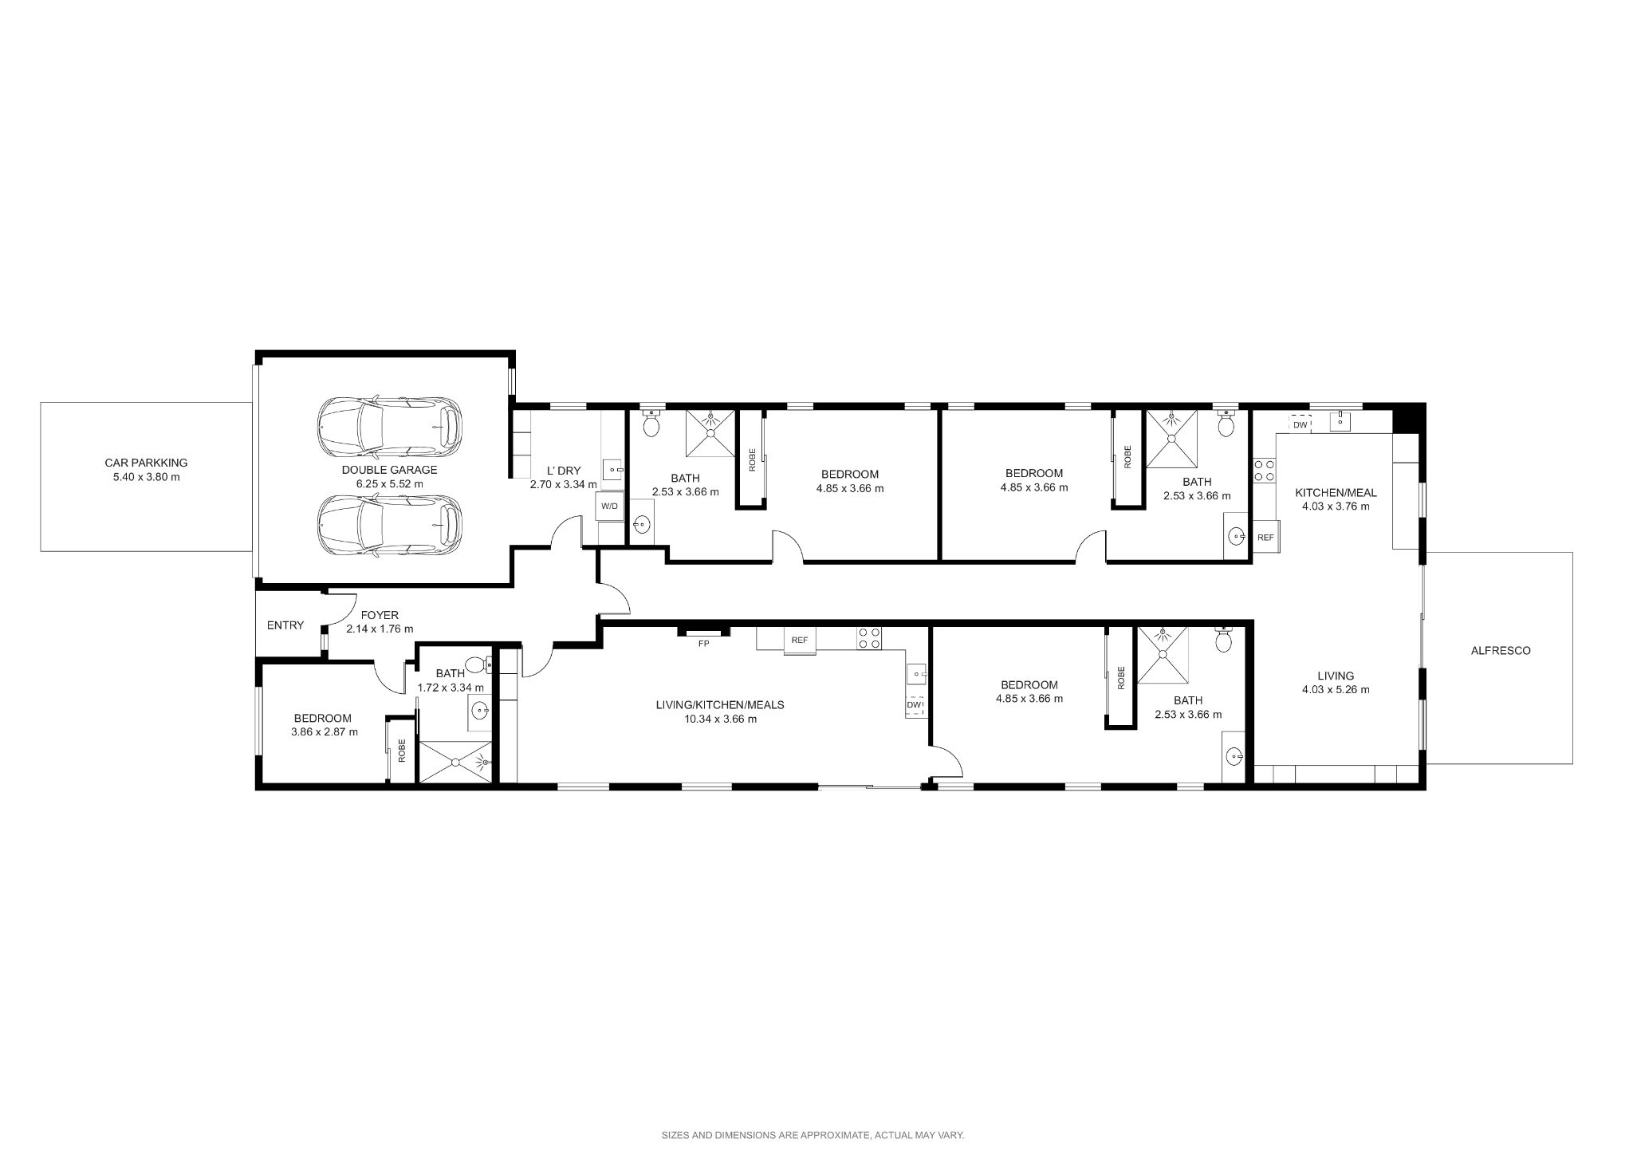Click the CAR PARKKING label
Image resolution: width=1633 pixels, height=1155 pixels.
(146, 463)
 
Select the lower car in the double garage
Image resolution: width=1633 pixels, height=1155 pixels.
(389, 526)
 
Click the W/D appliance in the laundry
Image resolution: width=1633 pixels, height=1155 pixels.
(609, 506)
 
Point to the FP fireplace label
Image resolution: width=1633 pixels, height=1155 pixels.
(703, 643)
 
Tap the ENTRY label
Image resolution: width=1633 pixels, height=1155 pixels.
(285, 625)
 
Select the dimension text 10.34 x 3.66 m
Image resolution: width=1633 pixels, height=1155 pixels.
(720, 719)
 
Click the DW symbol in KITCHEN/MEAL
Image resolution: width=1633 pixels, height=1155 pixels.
(1300, 425)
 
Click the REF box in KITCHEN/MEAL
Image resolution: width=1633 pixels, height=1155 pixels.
(1265, 538)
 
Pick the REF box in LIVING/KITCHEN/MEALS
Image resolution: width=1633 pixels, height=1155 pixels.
(800, 640)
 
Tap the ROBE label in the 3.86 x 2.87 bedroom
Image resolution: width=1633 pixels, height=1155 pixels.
(402, 750)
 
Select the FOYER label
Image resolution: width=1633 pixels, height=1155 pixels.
(380, 615)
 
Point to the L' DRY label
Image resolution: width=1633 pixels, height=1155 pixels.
(563, 471)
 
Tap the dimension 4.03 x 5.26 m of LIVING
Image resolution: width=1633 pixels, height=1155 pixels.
(1336, 690)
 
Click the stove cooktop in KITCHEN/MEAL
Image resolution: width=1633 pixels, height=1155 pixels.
(1263, 470)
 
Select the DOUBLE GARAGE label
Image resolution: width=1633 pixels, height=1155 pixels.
(389, 470)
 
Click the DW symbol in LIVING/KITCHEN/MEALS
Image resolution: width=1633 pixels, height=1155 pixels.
(915, 705)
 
